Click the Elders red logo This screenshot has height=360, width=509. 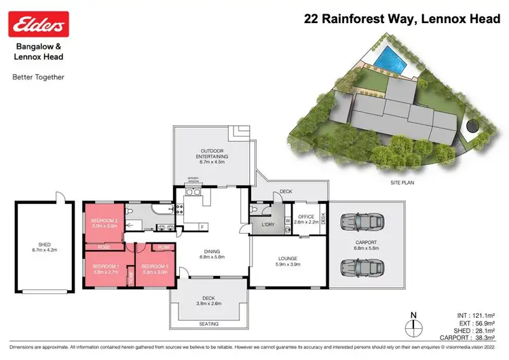(37, 25)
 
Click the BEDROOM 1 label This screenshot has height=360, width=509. (105, 268)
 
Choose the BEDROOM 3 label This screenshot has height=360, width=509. (155, 268)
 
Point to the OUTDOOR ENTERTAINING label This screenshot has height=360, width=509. (213, 153)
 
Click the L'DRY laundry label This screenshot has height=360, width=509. (267, 224)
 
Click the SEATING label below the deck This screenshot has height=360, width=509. (210, 324)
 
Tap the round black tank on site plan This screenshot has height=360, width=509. (470, 126)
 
